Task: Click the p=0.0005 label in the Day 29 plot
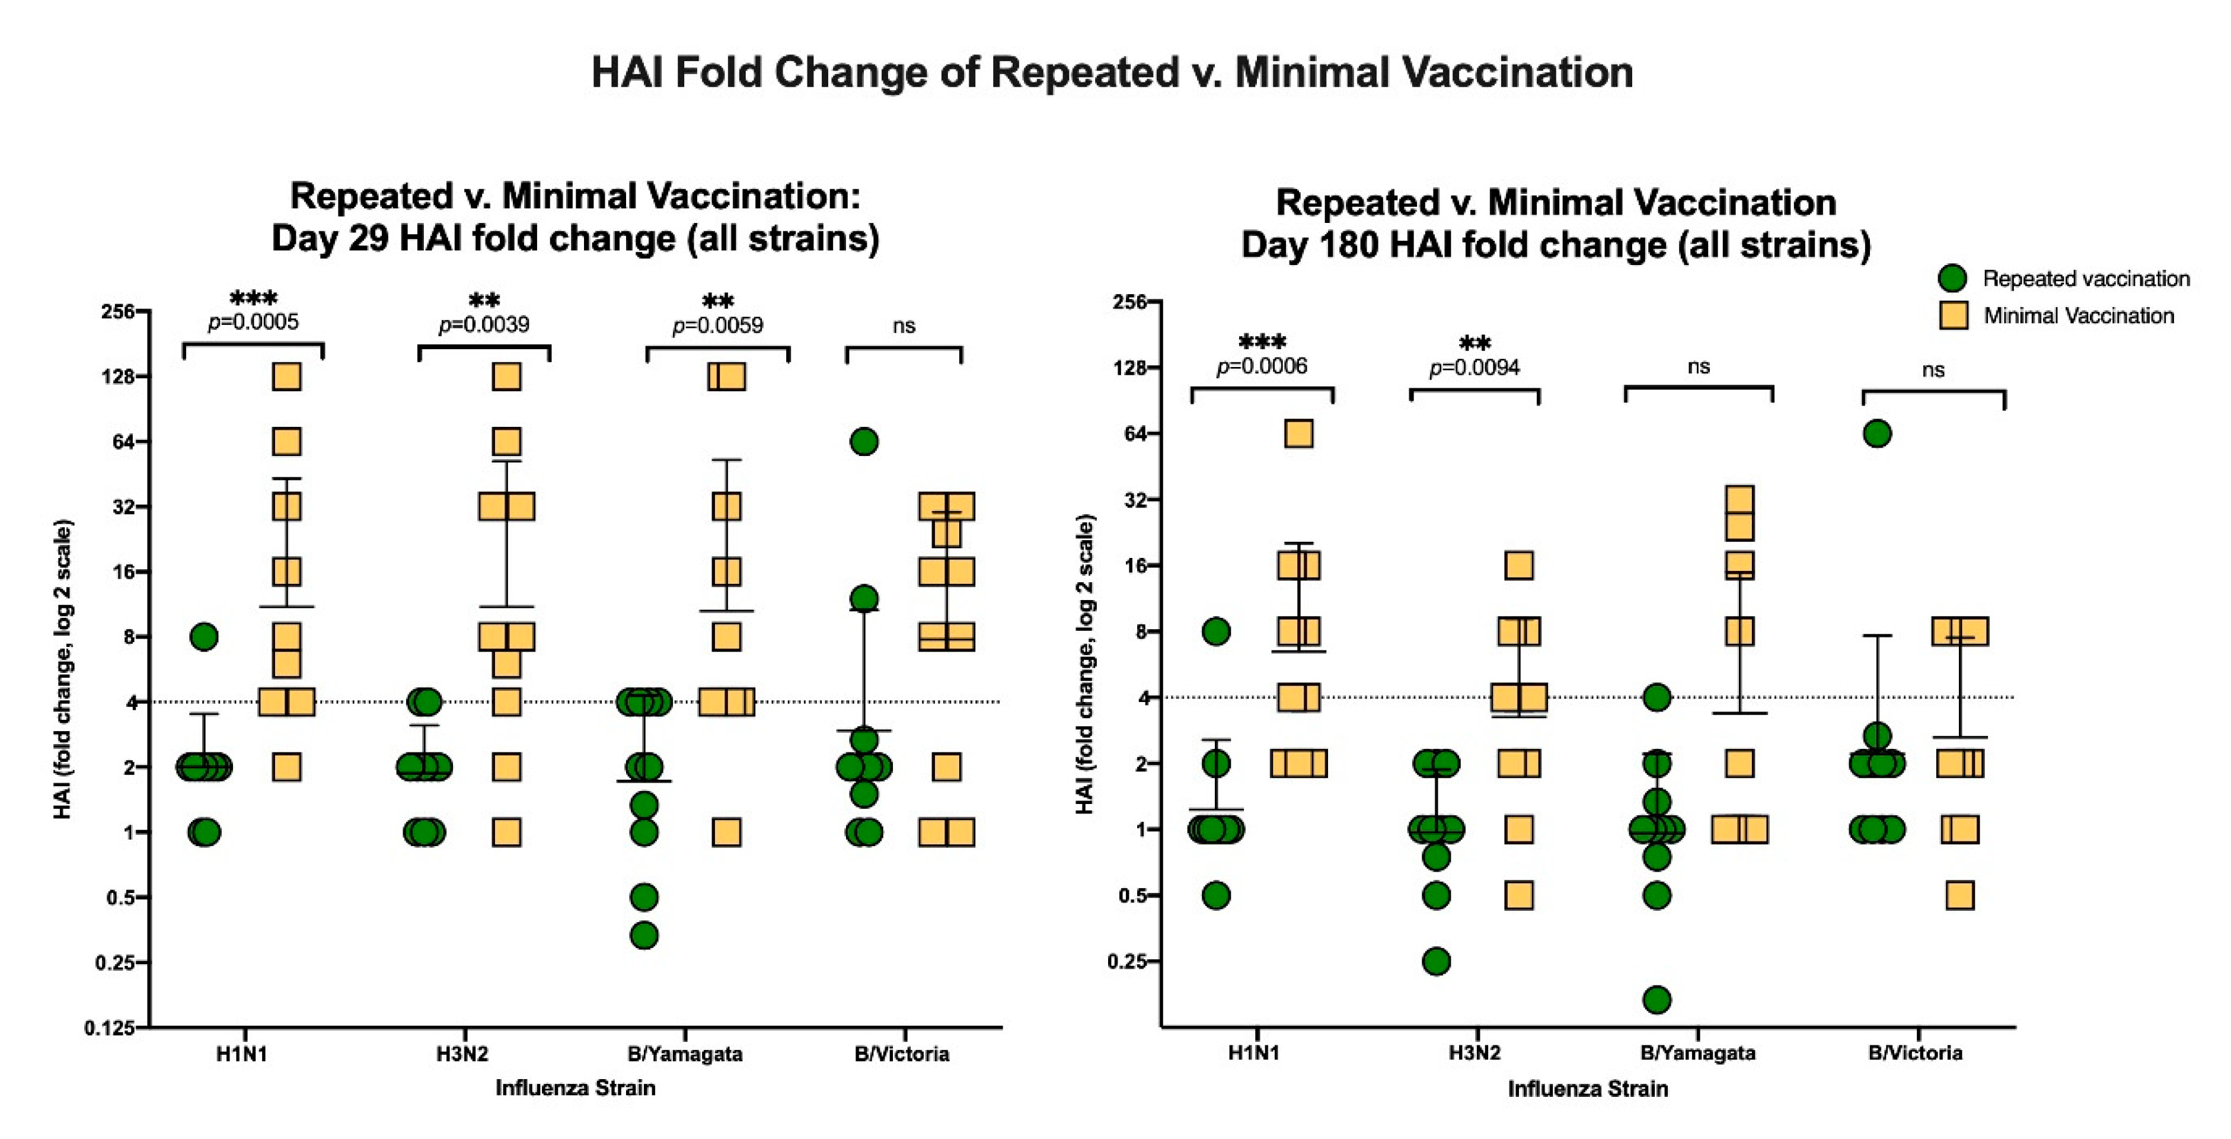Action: point(253,322)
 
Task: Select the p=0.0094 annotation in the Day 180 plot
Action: point(1474,368)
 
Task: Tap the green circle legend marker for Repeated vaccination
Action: point(1952,278)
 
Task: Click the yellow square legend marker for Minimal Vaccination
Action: point(1953,315)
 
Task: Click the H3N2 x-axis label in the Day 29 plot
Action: point(462,1054)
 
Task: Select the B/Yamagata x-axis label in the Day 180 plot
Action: point(1697,1053)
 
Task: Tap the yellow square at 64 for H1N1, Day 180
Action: point(1298,433)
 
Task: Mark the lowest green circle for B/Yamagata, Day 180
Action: point(1657,1000)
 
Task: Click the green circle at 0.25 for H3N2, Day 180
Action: point(1436,961)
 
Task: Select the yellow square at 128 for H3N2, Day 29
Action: point(507,376)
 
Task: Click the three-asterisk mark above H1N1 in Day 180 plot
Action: point(1262,342)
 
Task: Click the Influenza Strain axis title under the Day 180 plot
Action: point(1588,1089)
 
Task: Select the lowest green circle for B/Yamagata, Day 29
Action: point(643,936)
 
